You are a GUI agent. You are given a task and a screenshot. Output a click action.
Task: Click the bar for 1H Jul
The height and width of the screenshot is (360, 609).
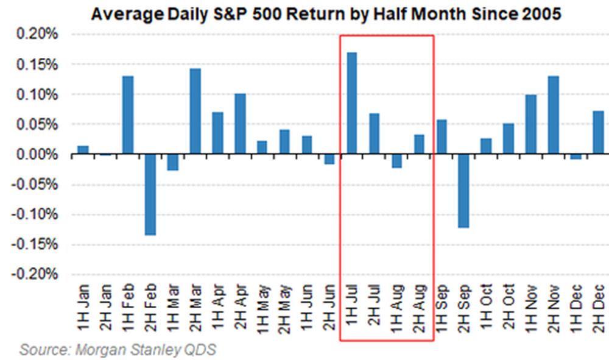[351, 104]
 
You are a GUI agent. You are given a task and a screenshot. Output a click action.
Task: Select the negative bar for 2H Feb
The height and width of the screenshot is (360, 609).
[150, 195]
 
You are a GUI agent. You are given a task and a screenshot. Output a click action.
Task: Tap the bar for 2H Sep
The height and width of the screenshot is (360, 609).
[463, 191]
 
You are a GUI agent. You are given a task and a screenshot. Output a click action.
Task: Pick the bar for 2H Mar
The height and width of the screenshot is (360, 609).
[195, 111]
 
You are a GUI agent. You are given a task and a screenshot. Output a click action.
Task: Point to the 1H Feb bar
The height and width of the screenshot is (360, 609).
[127, 116]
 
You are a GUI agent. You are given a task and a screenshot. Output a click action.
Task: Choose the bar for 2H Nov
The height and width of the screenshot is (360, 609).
[553, 116]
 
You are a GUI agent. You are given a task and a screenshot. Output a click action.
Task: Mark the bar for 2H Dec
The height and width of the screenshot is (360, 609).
[598, 133]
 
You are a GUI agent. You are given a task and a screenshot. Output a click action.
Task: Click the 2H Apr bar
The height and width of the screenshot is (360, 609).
[240, 124]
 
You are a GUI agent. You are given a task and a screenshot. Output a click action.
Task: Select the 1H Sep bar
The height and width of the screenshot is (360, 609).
[441, 137]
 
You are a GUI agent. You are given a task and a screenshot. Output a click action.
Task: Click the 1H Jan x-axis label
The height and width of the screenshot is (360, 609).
[83, 308]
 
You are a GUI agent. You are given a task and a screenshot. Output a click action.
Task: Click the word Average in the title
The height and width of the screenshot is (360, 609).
[120, 13]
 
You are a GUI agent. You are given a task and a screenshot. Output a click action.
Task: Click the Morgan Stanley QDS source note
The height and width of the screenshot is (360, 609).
[118, 350]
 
